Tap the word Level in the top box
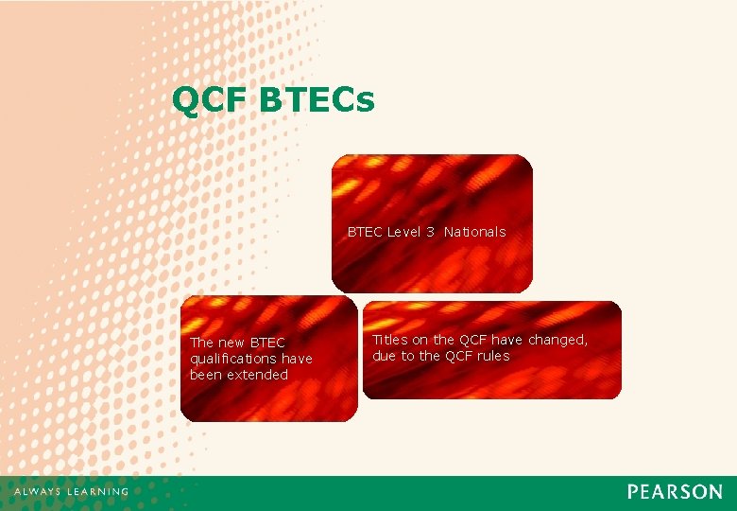point(405,232)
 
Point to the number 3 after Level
point(430,232)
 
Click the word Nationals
point(474,232)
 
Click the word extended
point(256,375)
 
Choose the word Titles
point(390,340)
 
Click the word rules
point(492,356)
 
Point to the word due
point(384,356)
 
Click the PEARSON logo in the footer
point(675,492)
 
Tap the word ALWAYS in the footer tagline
point(37,492)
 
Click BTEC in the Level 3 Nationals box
point(365,232)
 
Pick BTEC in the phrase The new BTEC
point(268,343)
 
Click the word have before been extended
point(296,359)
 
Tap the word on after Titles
point(420,340)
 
